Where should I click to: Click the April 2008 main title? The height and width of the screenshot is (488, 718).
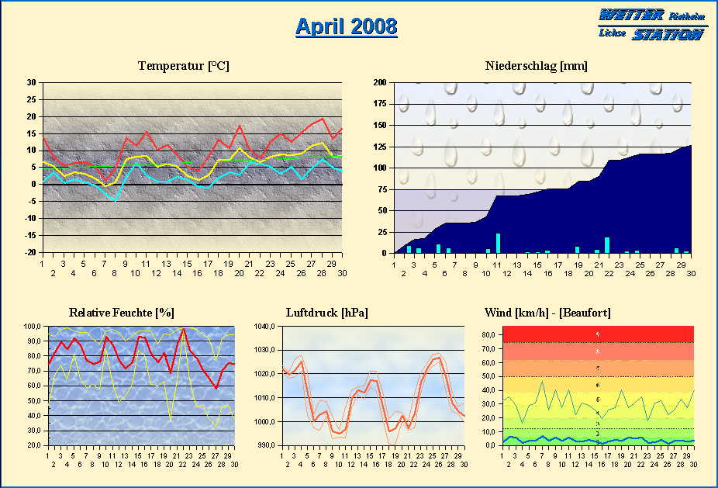346,26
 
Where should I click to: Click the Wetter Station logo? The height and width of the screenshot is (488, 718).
653,24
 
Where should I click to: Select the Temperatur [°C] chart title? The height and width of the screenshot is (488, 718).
184,66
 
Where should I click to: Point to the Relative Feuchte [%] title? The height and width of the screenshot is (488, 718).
121,312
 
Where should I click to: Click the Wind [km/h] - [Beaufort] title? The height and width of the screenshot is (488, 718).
547,312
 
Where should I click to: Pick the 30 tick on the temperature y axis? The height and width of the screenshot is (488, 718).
31,82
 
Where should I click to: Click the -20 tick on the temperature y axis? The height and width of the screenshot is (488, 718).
29,253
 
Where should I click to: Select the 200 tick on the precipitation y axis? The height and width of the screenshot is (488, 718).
380,82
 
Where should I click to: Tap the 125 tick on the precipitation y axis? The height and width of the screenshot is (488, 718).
380,147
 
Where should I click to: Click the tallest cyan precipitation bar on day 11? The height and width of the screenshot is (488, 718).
498,243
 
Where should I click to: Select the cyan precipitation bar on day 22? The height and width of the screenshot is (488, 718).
607,245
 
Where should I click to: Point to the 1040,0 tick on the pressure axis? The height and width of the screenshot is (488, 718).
266,327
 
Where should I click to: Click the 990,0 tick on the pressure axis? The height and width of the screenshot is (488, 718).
268,445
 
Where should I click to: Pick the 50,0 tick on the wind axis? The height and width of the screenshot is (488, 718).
490,376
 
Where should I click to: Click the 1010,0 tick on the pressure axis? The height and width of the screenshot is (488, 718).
266,398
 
